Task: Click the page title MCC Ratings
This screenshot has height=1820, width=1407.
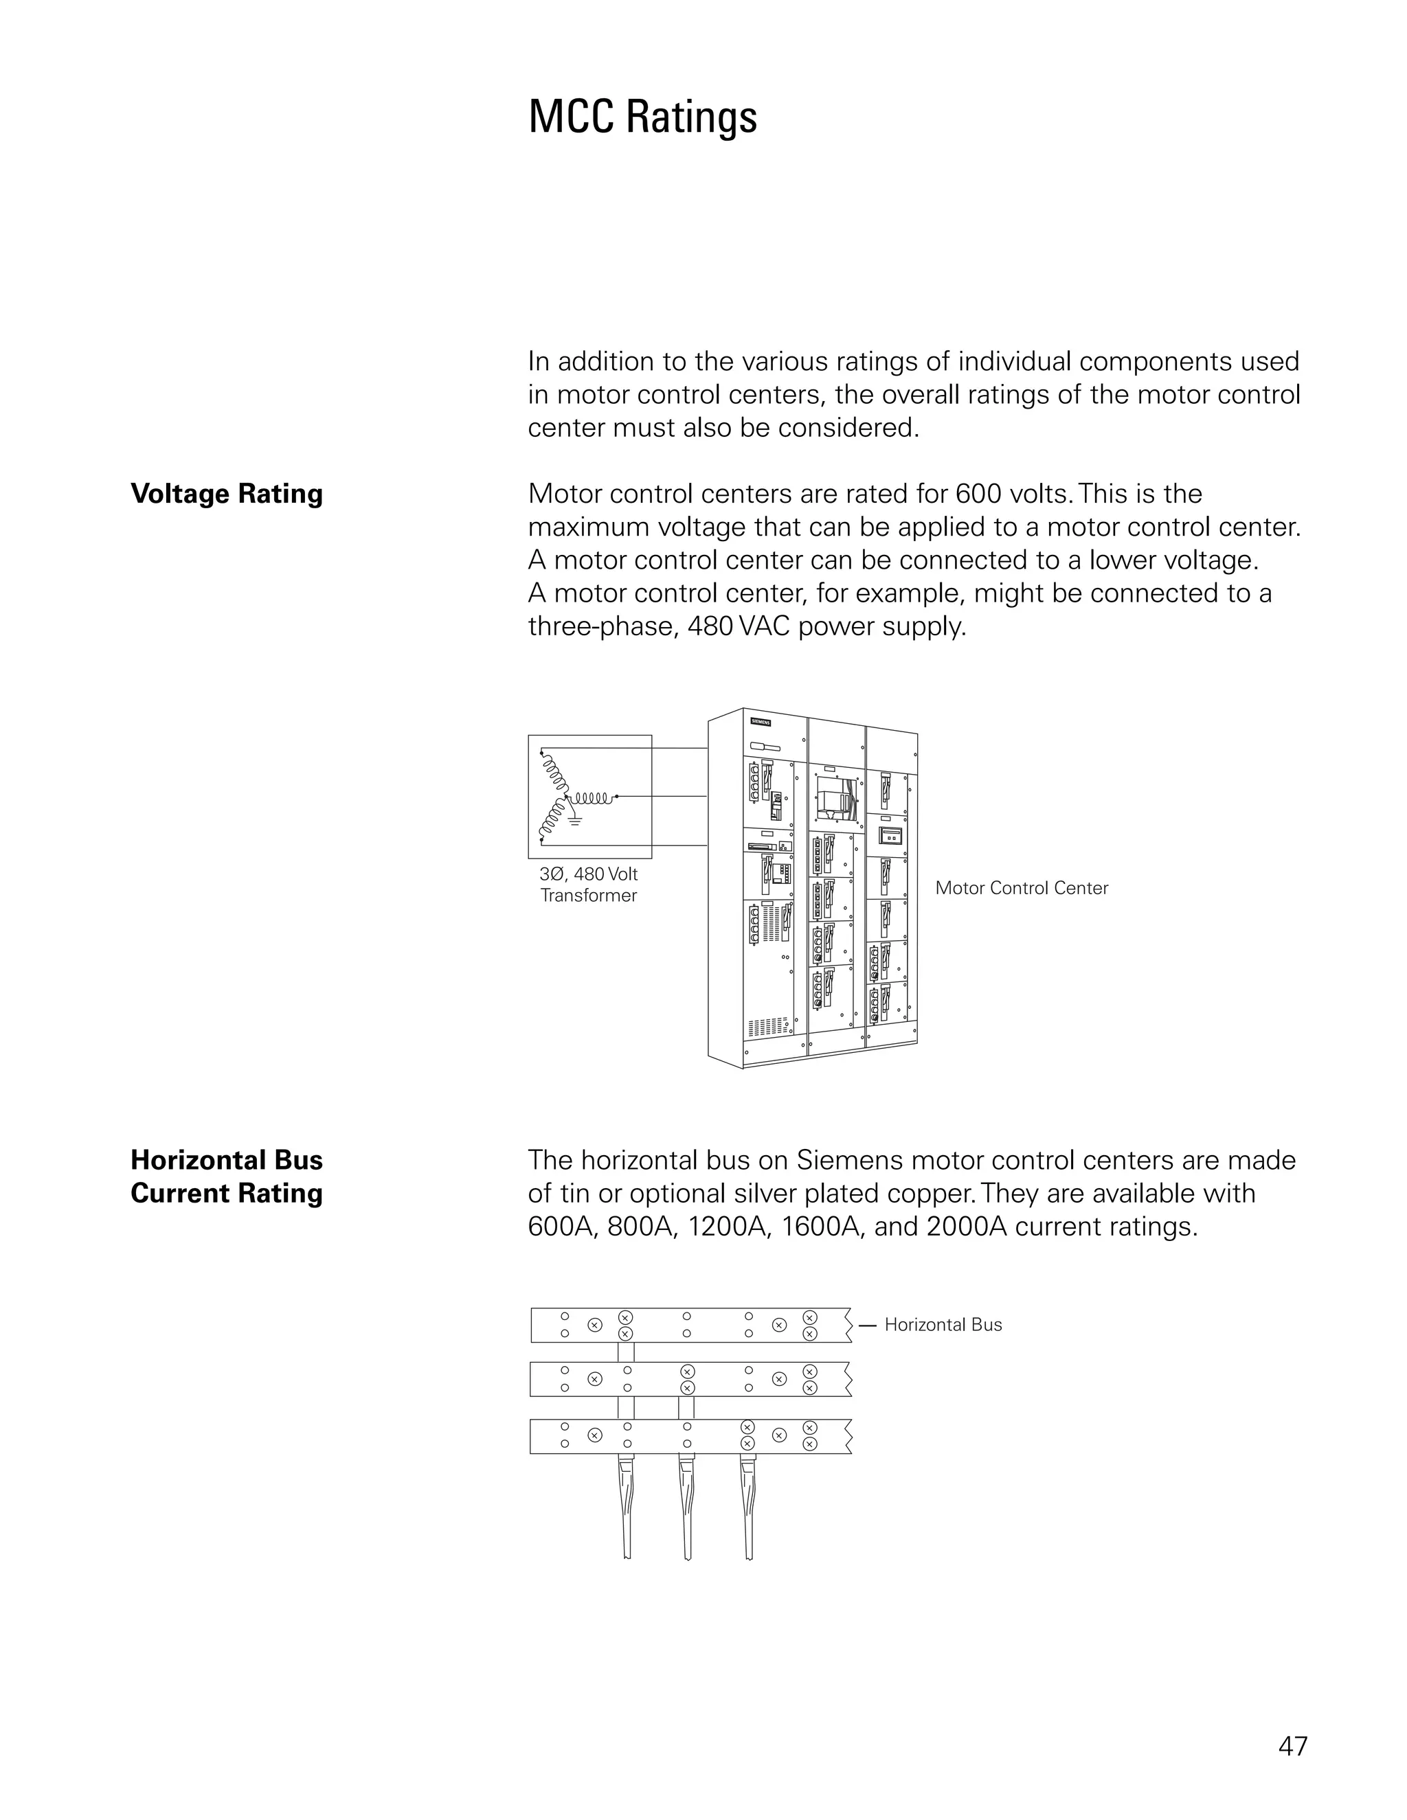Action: coord(642,117)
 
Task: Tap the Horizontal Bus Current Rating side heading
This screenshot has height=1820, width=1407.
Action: coord(227,1176)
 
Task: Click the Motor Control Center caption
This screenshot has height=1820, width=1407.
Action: coord(1021,887)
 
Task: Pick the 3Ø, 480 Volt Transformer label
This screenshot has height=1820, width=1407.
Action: coord(589,885)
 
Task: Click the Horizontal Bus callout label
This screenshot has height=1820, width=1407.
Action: coord(943,1325)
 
